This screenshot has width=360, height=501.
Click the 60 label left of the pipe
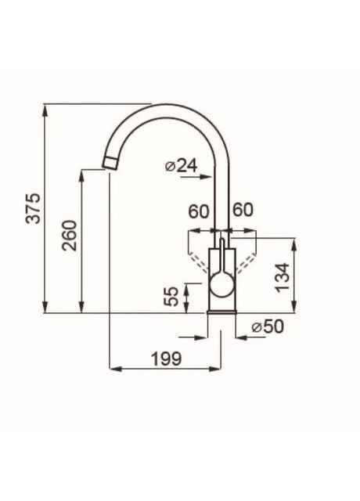click(x=198, y=210)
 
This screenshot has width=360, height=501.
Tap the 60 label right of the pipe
click(x=243, y=210)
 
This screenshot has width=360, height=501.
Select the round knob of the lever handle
click(x=221, y=283)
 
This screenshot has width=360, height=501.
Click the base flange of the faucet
click(x=221, y=312)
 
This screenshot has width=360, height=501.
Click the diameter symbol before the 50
click(x=256, y=327)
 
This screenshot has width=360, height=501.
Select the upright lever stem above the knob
click(x=221, y=254)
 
